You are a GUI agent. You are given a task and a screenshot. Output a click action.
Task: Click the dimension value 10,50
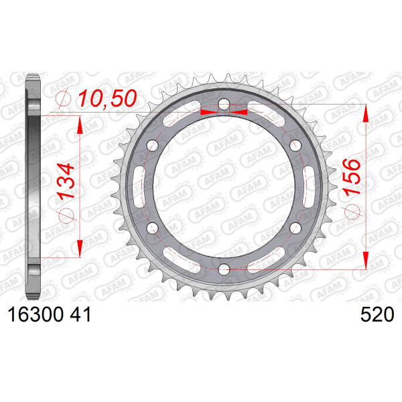(107, 98)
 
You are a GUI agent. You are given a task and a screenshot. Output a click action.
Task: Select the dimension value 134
(66, 182)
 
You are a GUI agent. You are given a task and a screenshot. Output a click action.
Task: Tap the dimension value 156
(352, 177)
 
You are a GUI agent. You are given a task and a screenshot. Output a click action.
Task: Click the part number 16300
(36, 315)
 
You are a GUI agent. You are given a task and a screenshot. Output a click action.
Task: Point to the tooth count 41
(80, 315)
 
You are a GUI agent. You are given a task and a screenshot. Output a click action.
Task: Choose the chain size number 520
(377, 315)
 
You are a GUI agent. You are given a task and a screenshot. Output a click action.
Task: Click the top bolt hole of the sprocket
(224, 105)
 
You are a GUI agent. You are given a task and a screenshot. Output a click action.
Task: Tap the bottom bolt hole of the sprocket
(224, 269)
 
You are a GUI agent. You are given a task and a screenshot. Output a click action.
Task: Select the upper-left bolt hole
(153, 145)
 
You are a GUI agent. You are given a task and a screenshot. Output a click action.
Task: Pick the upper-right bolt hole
(295, 145)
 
